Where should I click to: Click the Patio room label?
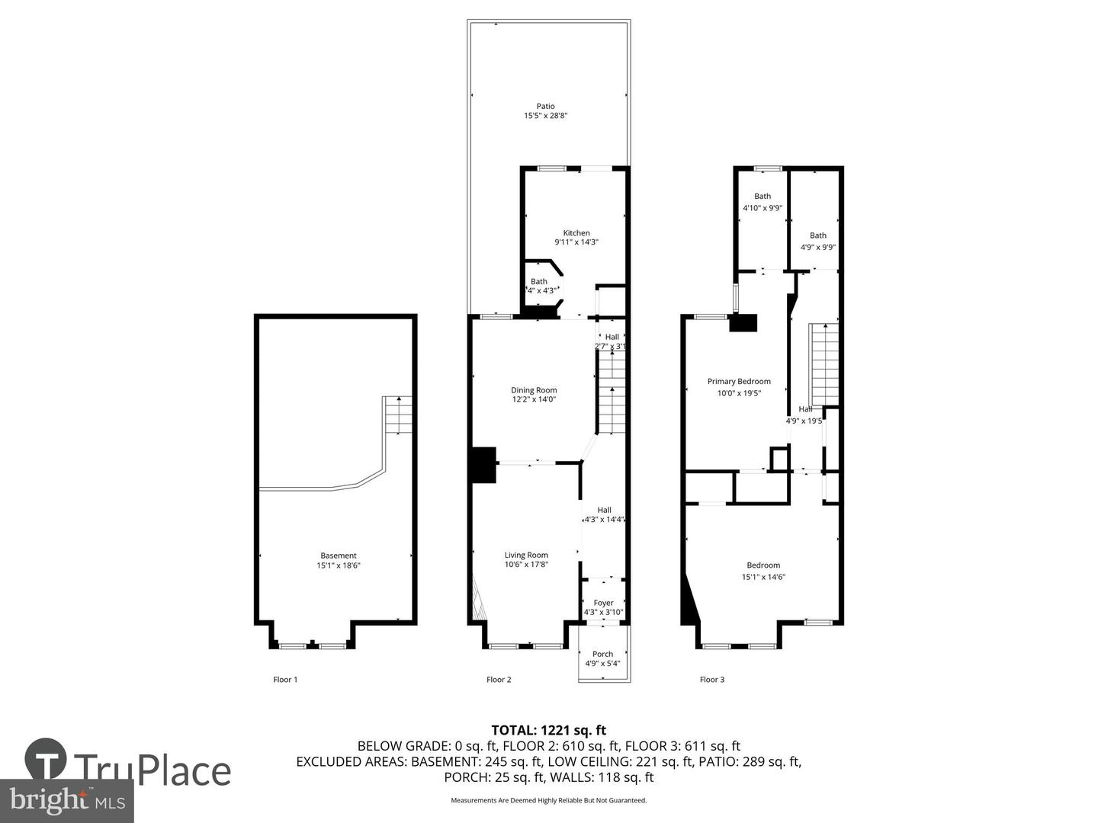(x=545, y=106)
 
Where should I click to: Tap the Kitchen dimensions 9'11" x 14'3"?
(x=576, y=242)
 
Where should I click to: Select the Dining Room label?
(x=534, y=390)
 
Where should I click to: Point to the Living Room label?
(x=526, y=555)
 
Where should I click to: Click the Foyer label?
(x=603, y=603)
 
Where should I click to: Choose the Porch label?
(x=602, y=654)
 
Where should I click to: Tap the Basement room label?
(x=339, y=556)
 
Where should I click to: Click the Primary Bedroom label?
(x=739, y=382)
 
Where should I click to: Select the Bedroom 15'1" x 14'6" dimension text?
(x=763, y=577)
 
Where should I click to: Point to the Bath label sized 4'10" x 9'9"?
(x=762, y=197)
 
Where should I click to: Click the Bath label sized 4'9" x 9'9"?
(x=818, y=235)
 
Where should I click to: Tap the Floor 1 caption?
(x=285, y=679)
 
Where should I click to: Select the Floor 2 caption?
(x=499, y=679)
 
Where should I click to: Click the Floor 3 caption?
(x=712, y=679)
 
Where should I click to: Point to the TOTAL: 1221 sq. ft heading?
(x=549, y=730)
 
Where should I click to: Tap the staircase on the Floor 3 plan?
(x=823, y=364)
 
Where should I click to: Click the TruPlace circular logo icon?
(x=45, y=759)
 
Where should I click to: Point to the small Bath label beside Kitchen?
(x=539, y=282)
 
